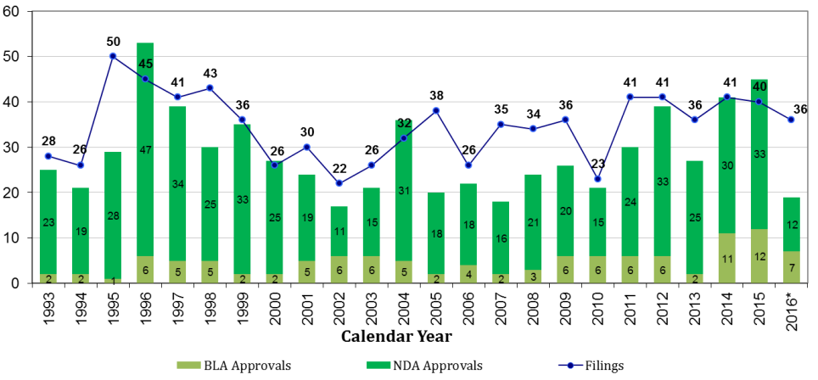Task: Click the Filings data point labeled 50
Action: (112, 56)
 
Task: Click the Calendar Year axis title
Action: (396, 337)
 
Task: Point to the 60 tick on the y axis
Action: (17, 12)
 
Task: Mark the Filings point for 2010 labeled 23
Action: (597, 179)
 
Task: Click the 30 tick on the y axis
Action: (17, 148)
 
